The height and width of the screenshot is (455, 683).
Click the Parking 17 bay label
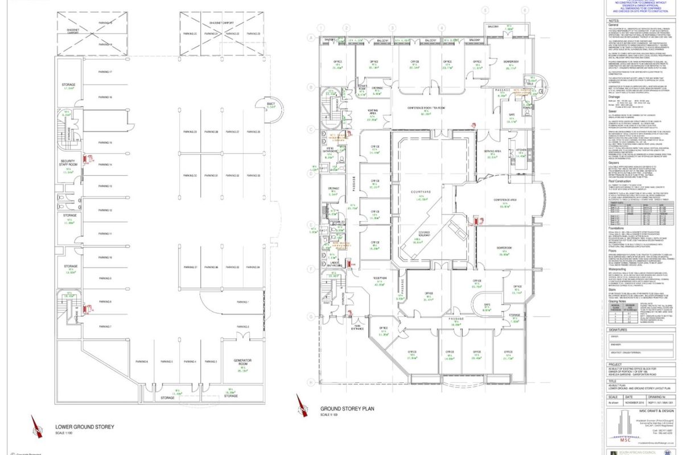[x=105, y=72]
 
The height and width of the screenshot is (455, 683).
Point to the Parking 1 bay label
[x=243, y=301]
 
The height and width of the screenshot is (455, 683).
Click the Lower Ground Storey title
[x=85, y=427]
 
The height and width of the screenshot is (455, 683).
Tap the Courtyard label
[x=422, y=192]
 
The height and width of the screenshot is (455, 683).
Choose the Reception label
[x=380, y=278]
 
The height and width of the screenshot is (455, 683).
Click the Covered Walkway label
[x=422, y=234]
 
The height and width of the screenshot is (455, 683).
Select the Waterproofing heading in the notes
[x=619, y=277]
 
